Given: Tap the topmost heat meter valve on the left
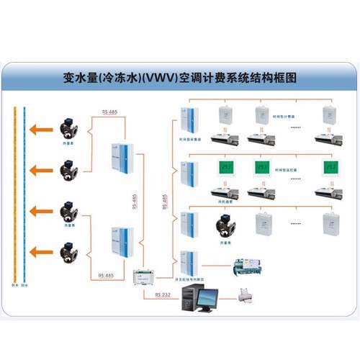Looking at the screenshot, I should (x=70, y=129).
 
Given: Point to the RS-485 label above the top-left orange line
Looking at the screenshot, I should (x=109, y=112).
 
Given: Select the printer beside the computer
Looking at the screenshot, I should (x=247, y=294).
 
